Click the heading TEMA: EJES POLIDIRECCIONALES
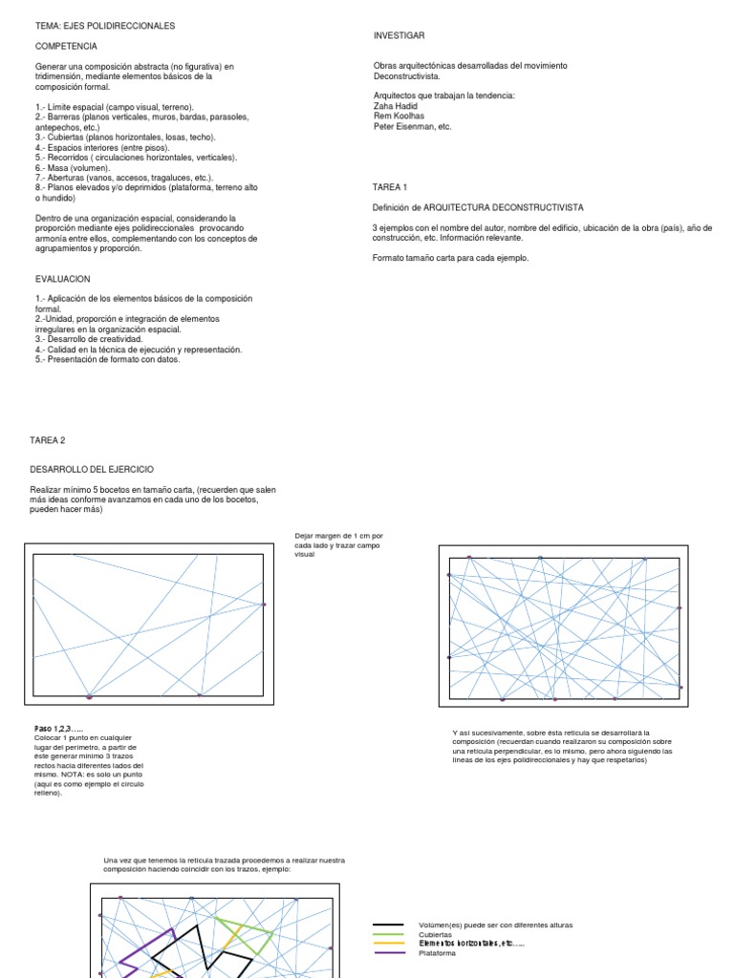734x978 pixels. (x=105, y=26)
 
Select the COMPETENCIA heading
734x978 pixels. (x=66, y=46)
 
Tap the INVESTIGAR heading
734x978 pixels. (x=399, y=35)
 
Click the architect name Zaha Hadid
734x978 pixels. (x=395, y=106)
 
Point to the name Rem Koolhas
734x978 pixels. (x=399, y=117)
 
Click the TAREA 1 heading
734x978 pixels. (x=390, y=187)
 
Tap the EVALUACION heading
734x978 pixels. (x=63, y=279)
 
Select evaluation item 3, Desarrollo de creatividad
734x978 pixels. (x=89, y=339)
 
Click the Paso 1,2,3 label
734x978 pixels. (x=59, y=729)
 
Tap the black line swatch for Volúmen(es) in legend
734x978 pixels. (x=387, y=925)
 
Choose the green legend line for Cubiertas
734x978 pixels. (x=387, y=935)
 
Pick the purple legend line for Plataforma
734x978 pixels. (x=387, y=952)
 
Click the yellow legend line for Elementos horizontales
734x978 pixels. (x=387, y=944)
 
